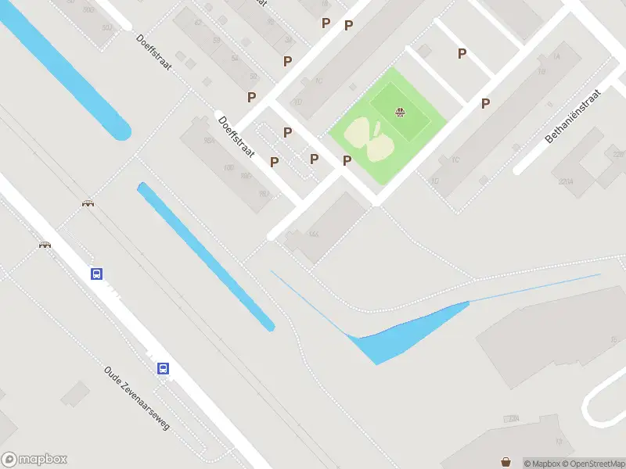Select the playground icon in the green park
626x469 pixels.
[401, 113]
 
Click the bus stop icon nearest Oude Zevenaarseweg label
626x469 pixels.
[163, 368]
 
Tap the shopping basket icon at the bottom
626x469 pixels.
[507, 462]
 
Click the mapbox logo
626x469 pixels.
[34, 460]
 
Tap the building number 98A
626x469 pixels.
[208, 141]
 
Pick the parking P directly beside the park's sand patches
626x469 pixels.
[347, 160]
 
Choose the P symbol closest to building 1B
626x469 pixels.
[485, 103]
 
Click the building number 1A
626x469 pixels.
[556, 57]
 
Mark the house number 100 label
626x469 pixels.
[228, 167]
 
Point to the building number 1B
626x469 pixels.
[541, 72]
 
